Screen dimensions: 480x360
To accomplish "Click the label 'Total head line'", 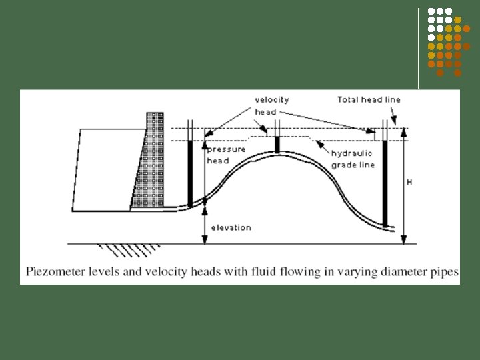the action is click(x=369, y=99).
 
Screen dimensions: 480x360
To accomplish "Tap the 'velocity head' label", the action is click(x=272, y=105).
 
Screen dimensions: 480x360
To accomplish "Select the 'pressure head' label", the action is click(x=226, y=155).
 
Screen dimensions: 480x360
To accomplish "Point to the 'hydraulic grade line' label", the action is click(x=353, y=159).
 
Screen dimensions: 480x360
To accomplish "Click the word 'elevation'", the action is click(x=231, y=227).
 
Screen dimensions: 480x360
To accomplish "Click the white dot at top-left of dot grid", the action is click(x=431, y=11).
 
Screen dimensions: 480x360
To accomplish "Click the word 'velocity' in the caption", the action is click(x=155, y=272).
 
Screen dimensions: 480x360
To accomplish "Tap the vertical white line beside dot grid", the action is click(x=419, y=47).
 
